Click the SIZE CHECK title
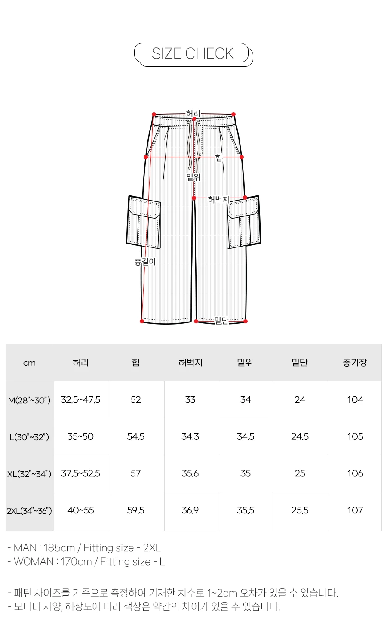(x=193, y=53)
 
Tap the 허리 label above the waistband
(x=193, y=114)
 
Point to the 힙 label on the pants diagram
(x=218, y=158)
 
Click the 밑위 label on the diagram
(x=193, y=177)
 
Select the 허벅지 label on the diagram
(x=218, y=199)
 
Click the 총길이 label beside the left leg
(x=145, y=261)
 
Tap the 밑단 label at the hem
(x=221, y=321)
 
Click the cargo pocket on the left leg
(x=143, y=222)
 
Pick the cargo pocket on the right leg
(x=244, y=222)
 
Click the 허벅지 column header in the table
(x=190, y=362)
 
